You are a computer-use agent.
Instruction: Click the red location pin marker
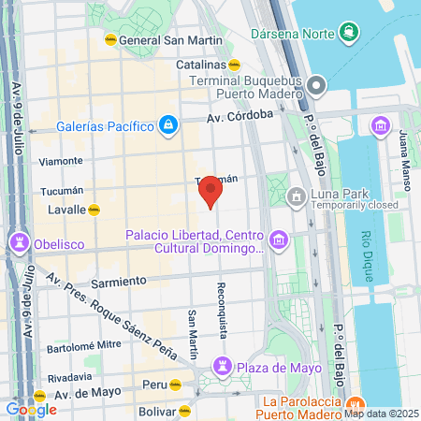(210, 193)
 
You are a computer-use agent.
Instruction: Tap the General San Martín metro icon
(110, 40)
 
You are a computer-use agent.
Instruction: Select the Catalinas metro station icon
(235, 65)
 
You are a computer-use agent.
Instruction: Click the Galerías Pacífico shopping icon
(167, 124)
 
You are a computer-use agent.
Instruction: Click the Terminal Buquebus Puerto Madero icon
(315, 86)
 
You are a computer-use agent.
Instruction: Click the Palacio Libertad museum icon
(277, 242)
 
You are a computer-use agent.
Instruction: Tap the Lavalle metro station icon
(94, 210)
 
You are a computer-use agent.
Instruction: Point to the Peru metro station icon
(175, 385)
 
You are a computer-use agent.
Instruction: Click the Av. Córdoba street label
(240, 117)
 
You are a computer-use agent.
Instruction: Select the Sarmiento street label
(119, 281)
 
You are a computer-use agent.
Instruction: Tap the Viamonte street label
(61, 161)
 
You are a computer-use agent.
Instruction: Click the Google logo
(31, 409)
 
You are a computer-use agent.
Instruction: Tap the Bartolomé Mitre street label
(83, 344)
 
